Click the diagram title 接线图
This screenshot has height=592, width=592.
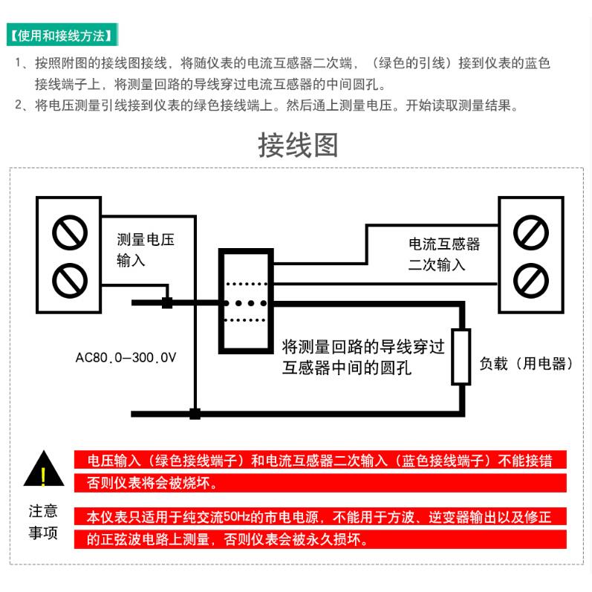297,145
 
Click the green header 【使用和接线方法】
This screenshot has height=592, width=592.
62,35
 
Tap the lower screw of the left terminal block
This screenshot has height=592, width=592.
70,280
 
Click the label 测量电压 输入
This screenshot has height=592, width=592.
146,250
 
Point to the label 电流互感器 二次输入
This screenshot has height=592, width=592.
444,253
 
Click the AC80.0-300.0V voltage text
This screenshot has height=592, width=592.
126,357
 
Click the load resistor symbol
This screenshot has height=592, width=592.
461,357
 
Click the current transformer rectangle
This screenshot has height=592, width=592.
245,301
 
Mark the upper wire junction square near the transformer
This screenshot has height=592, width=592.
167,302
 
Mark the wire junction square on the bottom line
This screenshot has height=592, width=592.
195,414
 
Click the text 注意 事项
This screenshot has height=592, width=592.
43,522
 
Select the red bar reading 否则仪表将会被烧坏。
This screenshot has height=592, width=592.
152,484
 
